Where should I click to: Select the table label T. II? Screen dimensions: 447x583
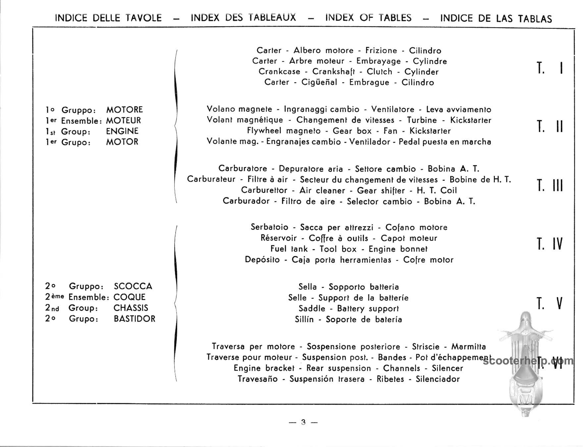[550, 126]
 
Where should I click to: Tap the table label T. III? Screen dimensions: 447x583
[550, 185]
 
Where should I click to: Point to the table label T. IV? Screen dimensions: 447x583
[550, 244]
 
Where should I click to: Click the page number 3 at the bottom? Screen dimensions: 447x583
[303, 422]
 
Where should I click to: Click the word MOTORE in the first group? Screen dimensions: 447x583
[125, 110]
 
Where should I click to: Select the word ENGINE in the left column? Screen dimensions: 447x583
[122, 131]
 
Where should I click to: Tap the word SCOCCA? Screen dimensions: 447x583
[133, 286]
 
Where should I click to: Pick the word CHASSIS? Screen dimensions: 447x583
[131, 308]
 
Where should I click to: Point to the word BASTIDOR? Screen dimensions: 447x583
[134, 319]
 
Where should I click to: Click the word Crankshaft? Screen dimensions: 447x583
[334, 72]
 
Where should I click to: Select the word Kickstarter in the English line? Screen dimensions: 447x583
[430, 131]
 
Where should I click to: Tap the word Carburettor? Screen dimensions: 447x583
[264, 190]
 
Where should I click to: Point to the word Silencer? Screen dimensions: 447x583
[447, 368]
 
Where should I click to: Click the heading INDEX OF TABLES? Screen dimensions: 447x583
[368, 18]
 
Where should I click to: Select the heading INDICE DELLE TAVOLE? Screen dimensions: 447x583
[108, 18]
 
